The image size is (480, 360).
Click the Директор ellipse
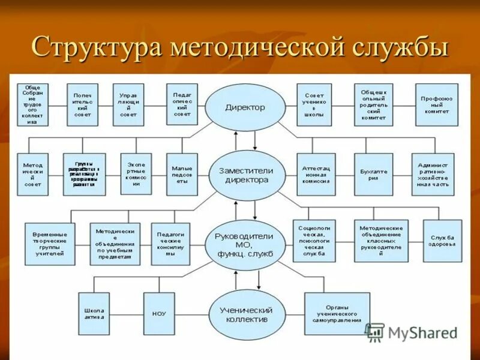coord(244,107)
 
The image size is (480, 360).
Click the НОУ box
coord(159,314)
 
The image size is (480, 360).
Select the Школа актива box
coord(94,314)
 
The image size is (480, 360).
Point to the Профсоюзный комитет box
coord(436,104)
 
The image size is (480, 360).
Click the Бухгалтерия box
coord(374,175)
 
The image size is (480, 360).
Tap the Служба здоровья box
coord(442,241)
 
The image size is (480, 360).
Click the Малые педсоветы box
coord(182,175)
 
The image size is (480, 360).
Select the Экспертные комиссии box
coord(136,175)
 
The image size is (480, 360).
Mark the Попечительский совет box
coord(82,104)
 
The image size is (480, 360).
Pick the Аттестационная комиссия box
coord(316,175)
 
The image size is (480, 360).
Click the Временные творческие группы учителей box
coord(50,244)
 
